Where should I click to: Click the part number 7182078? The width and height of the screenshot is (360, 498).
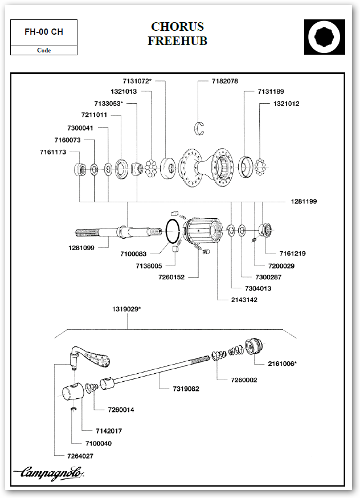coord(224,81)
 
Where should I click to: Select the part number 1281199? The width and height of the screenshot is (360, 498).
coord(304,202)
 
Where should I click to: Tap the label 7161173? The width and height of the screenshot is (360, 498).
coord(53,152)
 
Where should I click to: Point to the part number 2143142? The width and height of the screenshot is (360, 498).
coord(244,299)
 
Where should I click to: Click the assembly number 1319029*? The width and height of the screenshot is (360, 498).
coord(127,309)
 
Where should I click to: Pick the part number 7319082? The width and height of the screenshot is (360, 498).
coord(186,389)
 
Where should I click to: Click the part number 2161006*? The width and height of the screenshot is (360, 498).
coord(282,363)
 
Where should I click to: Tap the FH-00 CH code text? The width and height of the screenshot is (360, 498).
coord(44,32)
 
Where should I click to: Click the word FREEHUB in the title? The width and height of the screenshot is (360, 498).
coord(177,41)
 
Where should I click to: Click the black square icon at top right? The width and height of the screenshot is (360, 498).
coord(325,37)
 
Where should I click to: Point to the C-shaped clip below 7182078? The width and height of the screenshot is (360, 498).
coord(200,127)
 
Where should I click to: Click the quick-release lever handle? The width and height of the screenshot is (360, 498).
coord(95,358)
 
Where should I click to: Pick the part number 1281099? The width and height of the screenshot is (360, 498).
coord(80,248)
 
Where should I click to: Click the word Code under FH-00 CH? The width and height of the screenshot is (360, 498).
coord(44,51)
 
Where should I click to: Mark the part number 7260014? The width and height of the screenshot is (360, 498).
coord(121,410)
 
